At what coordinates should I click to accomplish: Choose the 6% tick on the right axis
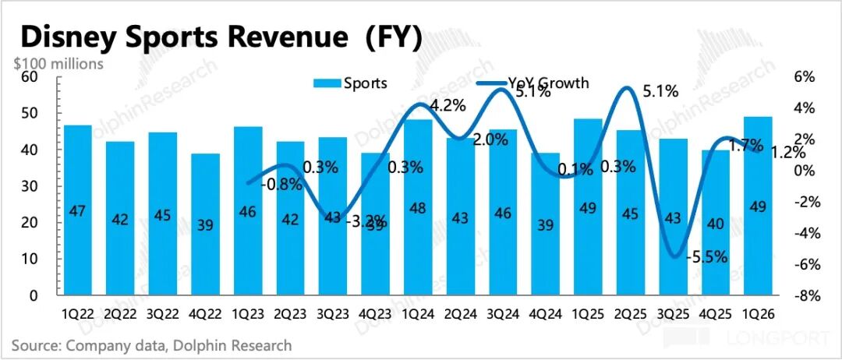[x=803, y=76]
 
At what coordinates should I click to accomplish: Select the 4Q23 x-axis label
[x=376, y=314]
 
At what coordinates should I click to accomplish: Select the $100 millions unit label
[x=58, y=64]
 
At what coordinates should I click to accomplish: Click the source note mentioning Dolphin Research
[x=151, y=345]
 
